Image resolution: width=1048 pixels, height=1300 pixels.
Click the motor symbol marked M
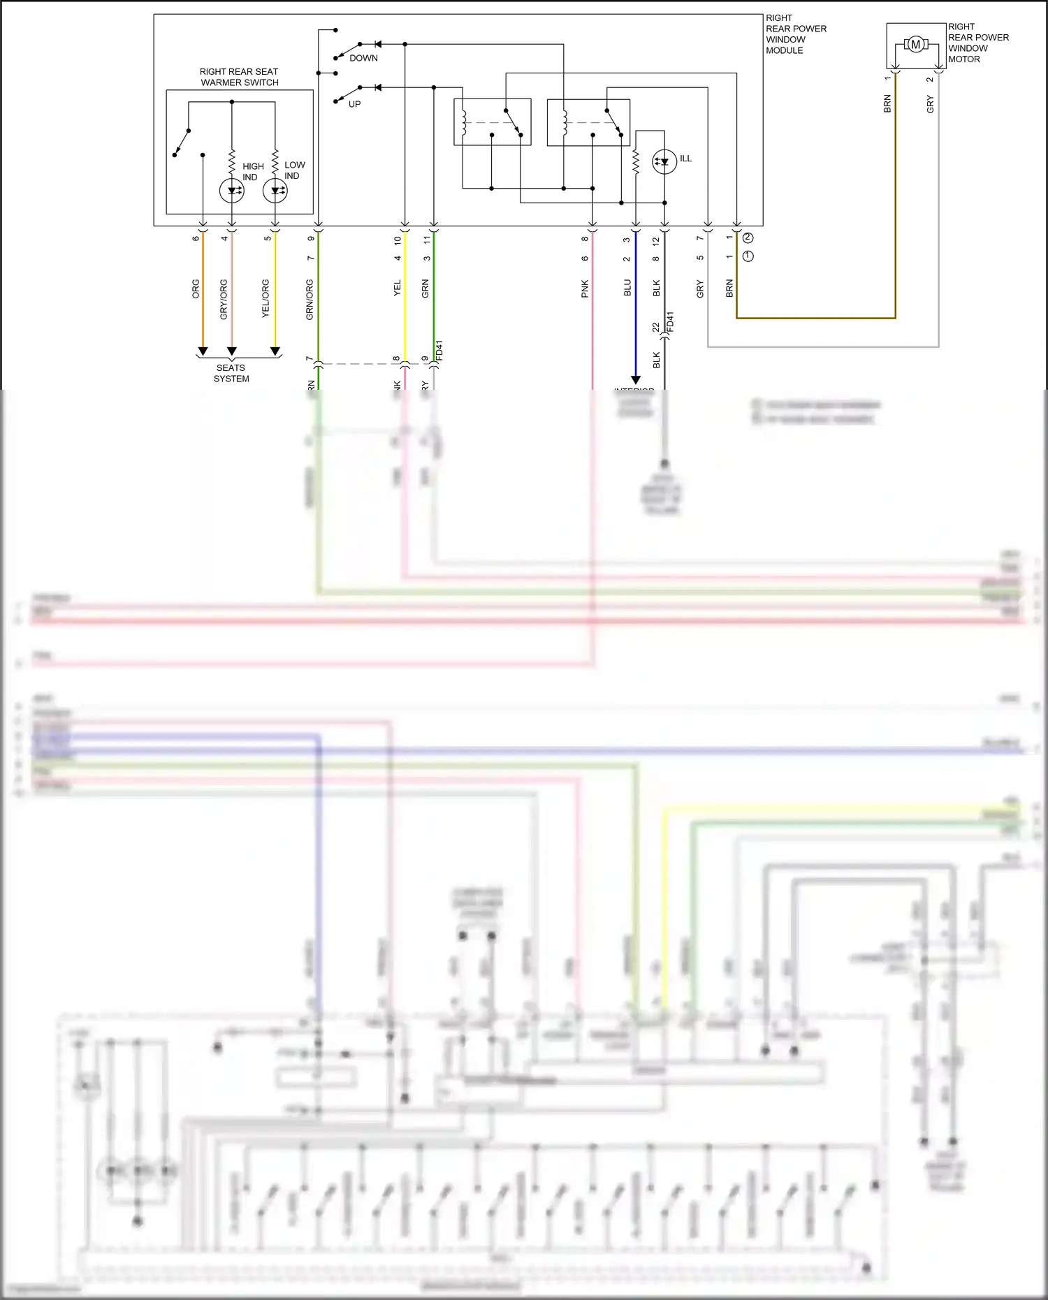point(915,45)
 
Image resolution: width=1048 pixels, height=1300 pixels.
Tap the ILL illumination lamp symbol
point(664,162)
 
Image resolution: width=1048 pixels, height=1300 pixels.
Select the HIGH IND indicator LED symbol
point(232,190)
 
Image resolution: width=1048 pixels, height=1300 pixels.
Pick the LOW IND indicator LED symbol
point(275,190)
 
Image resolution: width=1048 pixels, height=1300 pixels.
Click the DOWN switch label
point(363,58)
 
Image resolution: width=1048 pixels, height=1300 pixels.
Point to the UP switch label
point(355,104)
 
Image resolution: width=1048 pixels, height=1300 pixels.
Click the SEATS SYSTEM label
point(231,373)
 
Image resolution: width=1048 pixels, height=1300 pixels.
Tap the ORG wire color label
point(196,289)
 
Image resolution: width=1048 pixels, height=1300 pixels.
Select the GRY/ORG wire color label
point(224,300)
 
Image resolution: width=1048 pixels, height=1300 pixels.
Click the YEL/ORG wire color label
point(265,299)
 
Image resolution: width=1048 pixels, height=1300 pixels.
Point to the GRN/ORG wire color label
point(310,300)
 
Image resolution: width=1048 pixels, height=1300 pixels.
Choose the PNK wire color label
point(585,289)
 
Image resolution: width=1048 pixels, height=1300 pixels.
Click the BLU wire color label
point(627,288)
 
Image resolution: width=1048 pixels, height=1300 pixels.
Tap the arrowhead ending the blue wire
point(636,380)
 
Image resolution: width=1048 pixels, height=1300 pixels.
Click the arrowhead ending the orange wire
point(203,351)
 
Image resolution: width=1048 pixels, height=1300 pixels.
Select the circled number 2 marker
point(748,238)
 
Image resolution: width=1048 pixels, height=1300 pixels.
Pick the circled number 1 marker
point(748,256)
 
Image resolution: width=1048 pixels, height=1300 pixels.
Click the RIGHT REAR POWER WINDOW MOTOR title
point(978,43)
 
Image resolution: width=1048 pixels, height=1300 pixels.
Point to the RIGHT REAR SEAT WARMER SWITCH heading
point(239,77)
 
